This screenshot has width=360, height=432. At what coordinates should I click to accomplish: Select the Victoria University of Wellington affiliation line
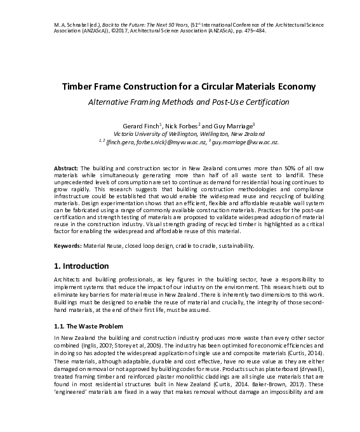pyautogui.click(x=180, y=134)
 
